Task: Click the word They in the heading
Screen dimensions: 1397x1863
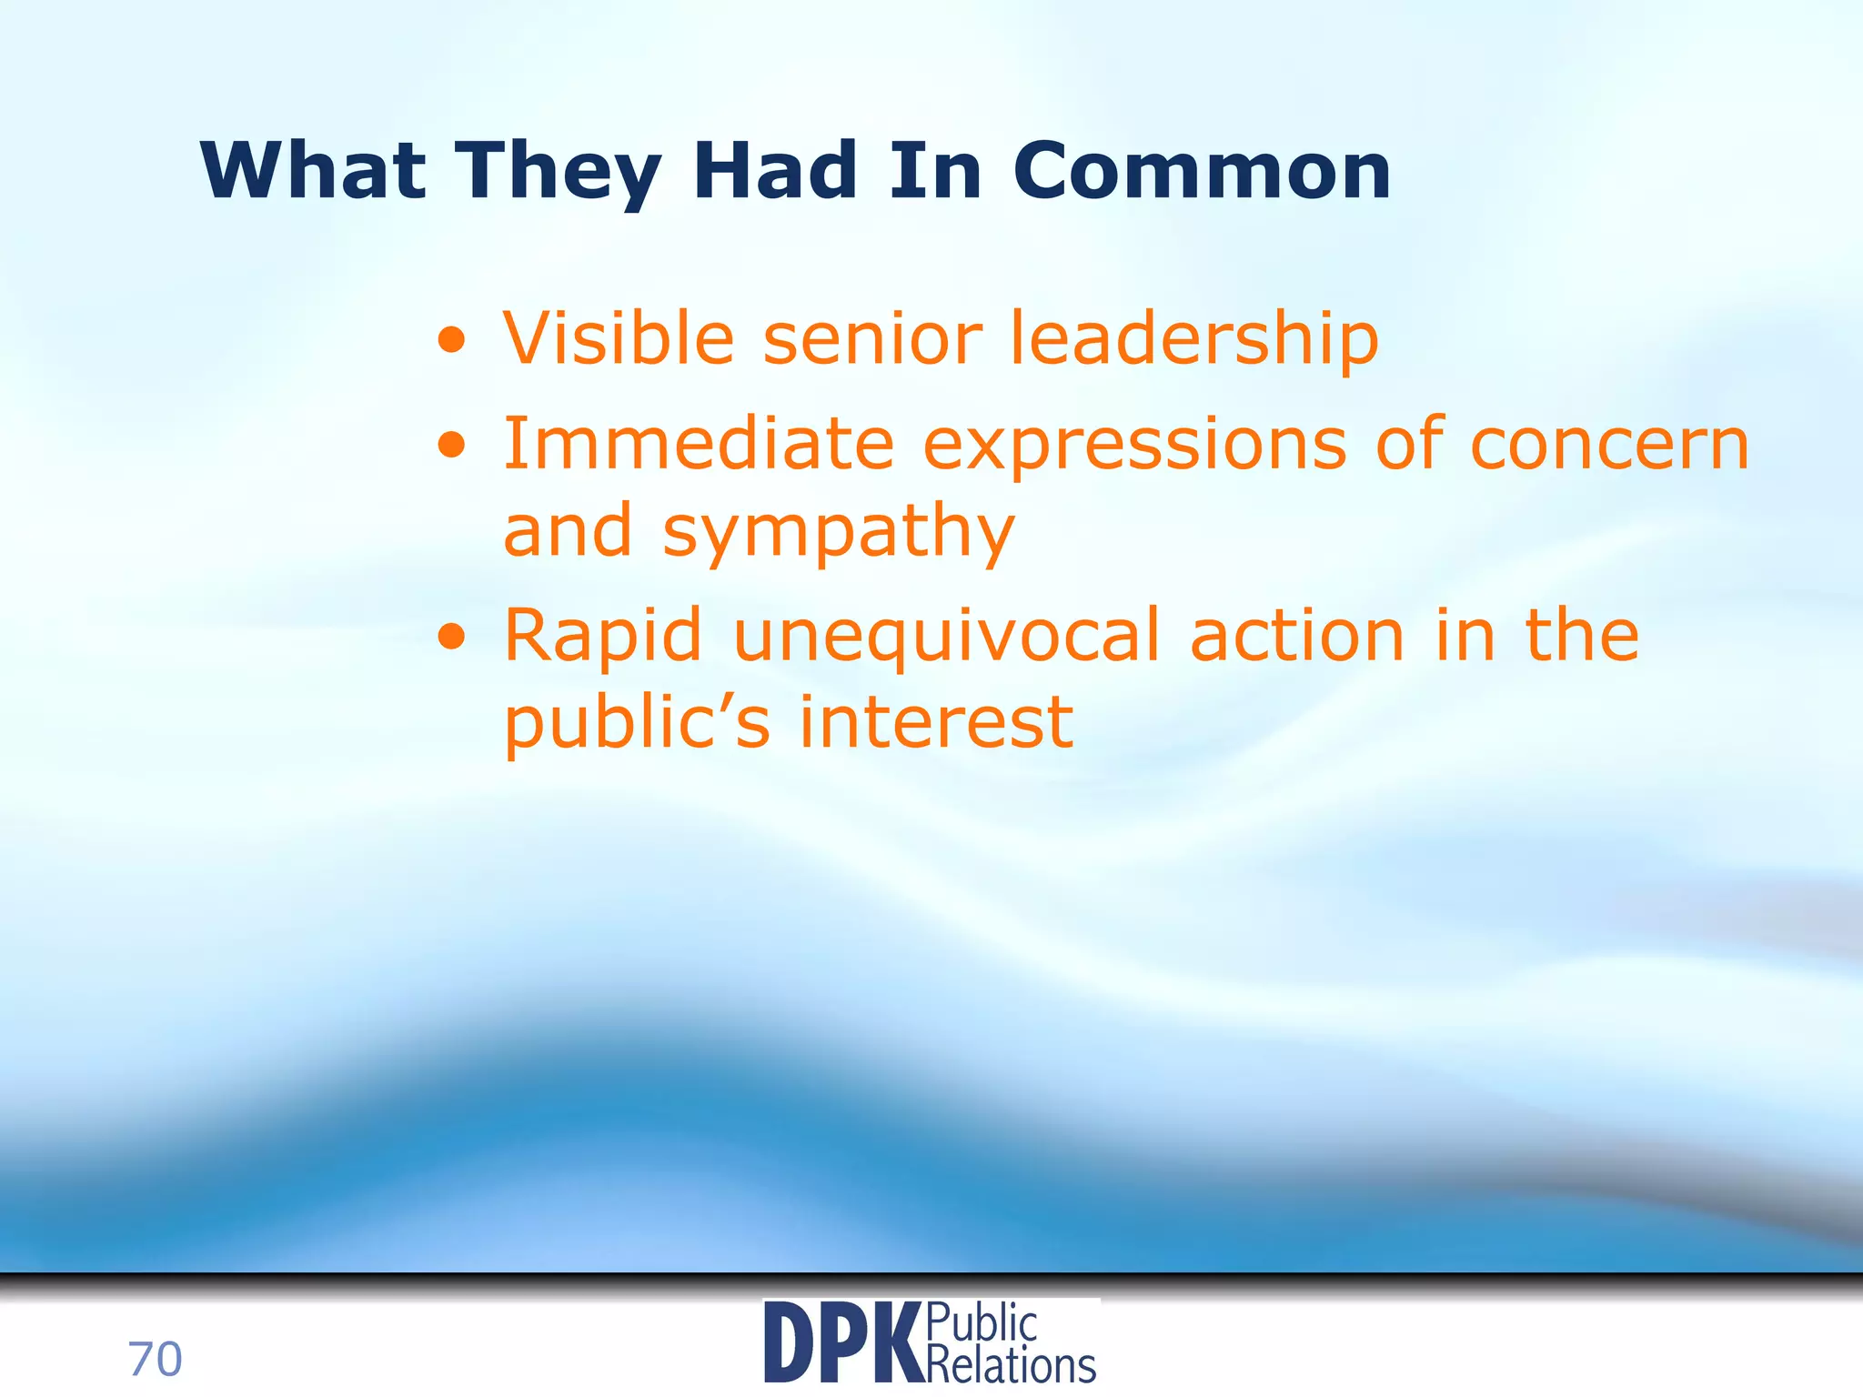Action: (x=558, y=173)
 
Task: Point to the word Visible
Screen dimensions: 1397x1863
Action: (x=619, y=338)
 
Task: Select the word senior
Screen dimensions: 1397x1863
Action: (x=872, y=338)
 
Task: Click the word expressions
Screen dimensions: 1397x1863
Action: (x=1134, y=446)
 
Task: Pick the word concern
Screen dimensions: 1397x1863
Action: (x=1609, y=446)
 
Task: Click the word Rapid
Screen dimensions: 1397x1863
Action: (x=603, y=637)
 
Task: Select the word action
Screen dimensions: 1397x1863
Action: (x=1297, y=637)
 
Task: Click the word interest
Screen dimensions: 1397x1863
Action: (x=936, y=723)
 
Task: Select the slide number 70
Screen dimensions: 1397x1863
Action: (x=156, y=1360)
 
